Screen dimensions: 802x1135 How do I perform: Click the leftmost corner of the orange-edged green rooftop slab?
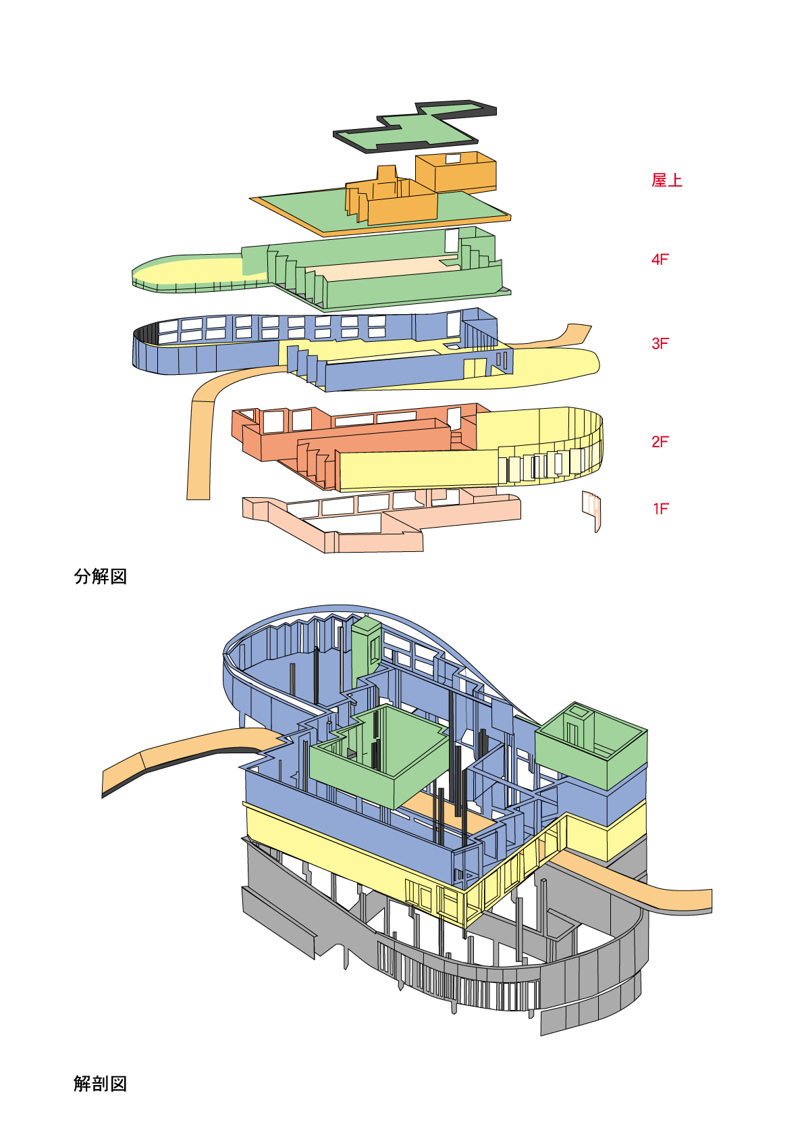point(249,199)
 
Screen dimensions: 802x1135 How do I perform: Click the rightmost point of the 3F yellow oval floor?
point(600,363)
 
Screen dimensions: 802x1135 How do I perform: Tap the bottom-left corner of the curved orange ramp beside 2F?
point(188,499)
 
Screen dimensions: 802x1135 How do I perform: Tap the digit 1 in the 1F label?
point(656,509)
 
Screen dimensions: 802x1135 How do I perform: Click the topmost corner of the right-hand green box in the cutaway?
point(574,702)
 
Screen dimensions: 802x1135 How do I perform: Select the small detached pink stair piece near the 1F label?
point(591,511)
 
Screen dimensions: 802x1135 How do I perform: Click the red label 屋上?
point(667,180)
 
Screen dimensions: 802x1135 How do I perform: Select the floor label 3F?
point(660,343)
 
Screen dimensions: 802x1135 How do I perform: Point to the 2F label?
point(660,442)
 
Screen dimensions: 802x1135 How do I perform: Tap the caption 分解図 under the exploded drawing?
point(100,577)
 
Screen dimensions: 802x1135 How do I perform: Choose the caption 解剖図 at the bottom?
point(100,1084)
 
